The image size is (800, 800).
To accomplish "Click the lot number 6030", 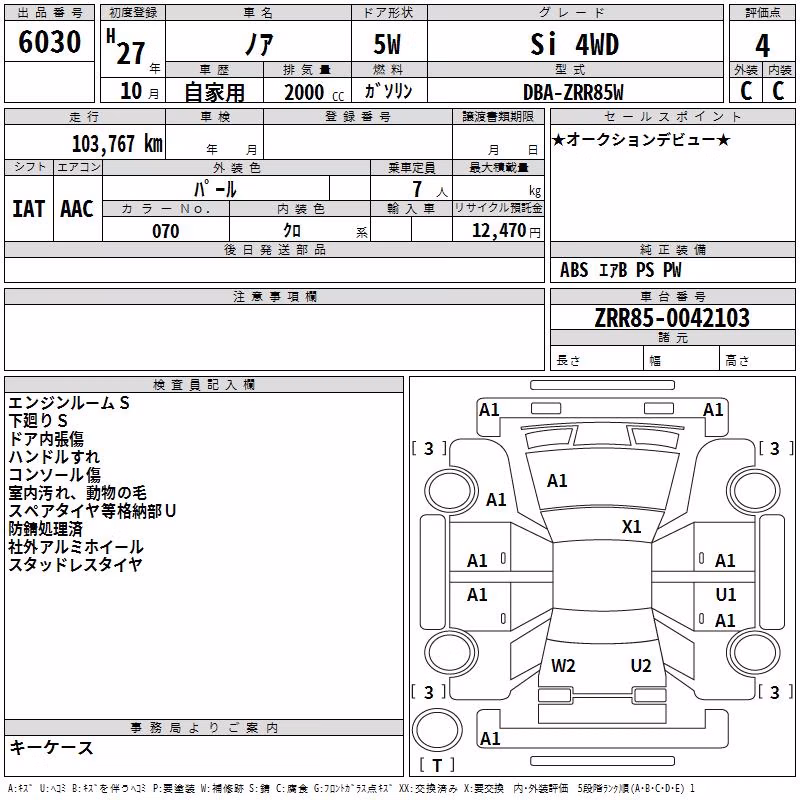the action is tap(49, 41).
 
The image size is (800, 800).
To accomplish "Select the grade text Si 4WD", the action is tap(574, 44).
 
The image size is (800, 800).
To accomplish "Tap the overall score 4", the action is tap(762, 45).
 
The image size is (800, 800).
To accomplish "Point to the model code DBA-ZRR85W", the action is tap(573, 92).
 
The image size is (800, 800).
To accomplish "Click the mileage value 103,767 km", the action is tap(117, 143).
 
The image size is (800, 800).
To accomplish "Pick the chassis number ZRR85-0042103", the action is tap(672, 318).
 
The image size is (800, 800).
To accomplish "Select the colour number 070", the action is tap(166, 231).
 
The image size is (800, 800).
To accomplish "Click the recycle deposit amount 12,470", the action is tap(499, 230).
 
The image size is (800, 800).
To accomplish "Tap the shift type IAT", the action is tap(28, 209).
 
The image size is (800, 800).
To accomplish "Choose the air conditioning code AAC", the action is tap(77, 209).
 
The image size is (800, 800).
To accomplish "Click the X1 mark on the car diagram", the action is tap(631, 527).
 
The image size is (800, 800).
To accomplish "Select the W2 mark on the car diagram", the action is tap(563, 665).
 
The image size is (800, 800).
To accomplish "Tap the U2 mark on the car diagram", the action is tap(641, 665).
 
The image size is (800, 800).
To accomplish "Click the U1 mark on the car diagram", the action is tap(726, 594).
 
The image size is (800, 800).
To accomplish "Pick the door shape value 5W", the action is tap(387, 44).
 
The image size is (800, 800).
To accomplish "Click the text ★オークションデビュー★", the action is tap(641, 139).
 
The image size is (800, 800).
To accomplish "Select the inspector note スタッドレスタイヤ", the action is tap(75, 564).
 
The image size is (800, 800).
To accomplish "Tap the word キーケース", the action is tap(51, 747).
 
